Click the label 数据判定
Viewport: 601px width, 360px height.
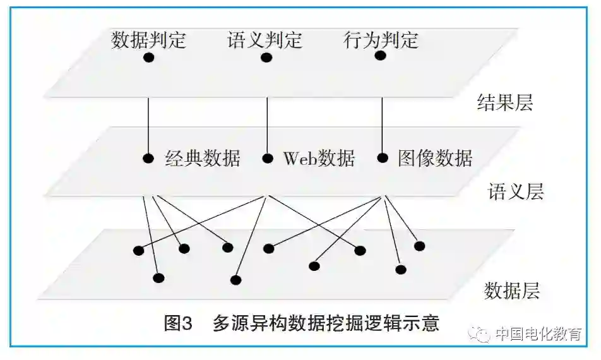tap(149, 40)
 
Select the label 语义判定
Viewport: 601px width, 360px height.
tap(265, 40)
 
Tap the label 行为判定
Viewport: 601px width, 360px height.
tap(381, 40)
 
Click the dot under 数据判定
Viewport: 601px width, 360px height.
tap(149, 58)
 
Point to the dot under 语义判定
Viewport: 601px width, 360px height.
tap(266, 58)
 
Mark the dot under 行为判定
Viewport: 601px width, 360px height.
tap(381, 56)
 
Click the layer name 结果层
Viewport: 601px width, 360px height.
tap(505, 103)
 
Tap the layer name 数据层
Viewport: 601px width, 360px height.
tap(512, 291)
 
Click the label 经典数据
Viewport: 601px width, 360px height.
tap(203, 158)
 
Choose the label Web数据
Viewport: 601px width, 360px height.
tap(319, 158)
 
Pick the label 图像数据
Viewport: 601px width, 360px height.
tap(435, 158)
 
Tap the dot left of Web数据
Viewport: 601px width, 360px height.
tap(267, 158)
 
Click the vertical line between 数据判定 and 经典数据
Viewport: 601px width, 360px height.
tap(149, 123)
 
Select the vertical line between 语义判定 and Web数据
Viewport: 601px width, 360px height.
tap(267, 123)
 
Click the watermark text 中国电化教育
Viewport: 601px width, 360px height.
tap(539, 334)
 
